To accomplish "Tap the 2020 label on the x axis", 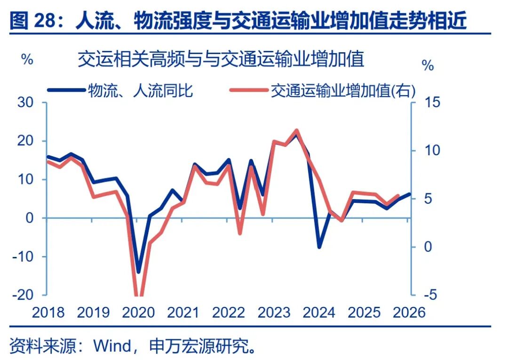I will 137,312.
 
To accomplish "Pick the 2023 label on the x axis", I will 274,312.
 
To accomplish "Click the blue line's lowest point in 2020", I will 138,272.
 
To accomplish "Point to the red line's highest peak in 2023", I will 296,130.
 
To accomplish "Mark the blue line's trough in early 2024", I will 319,247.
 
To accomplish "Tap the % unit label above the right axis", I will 428,66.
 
